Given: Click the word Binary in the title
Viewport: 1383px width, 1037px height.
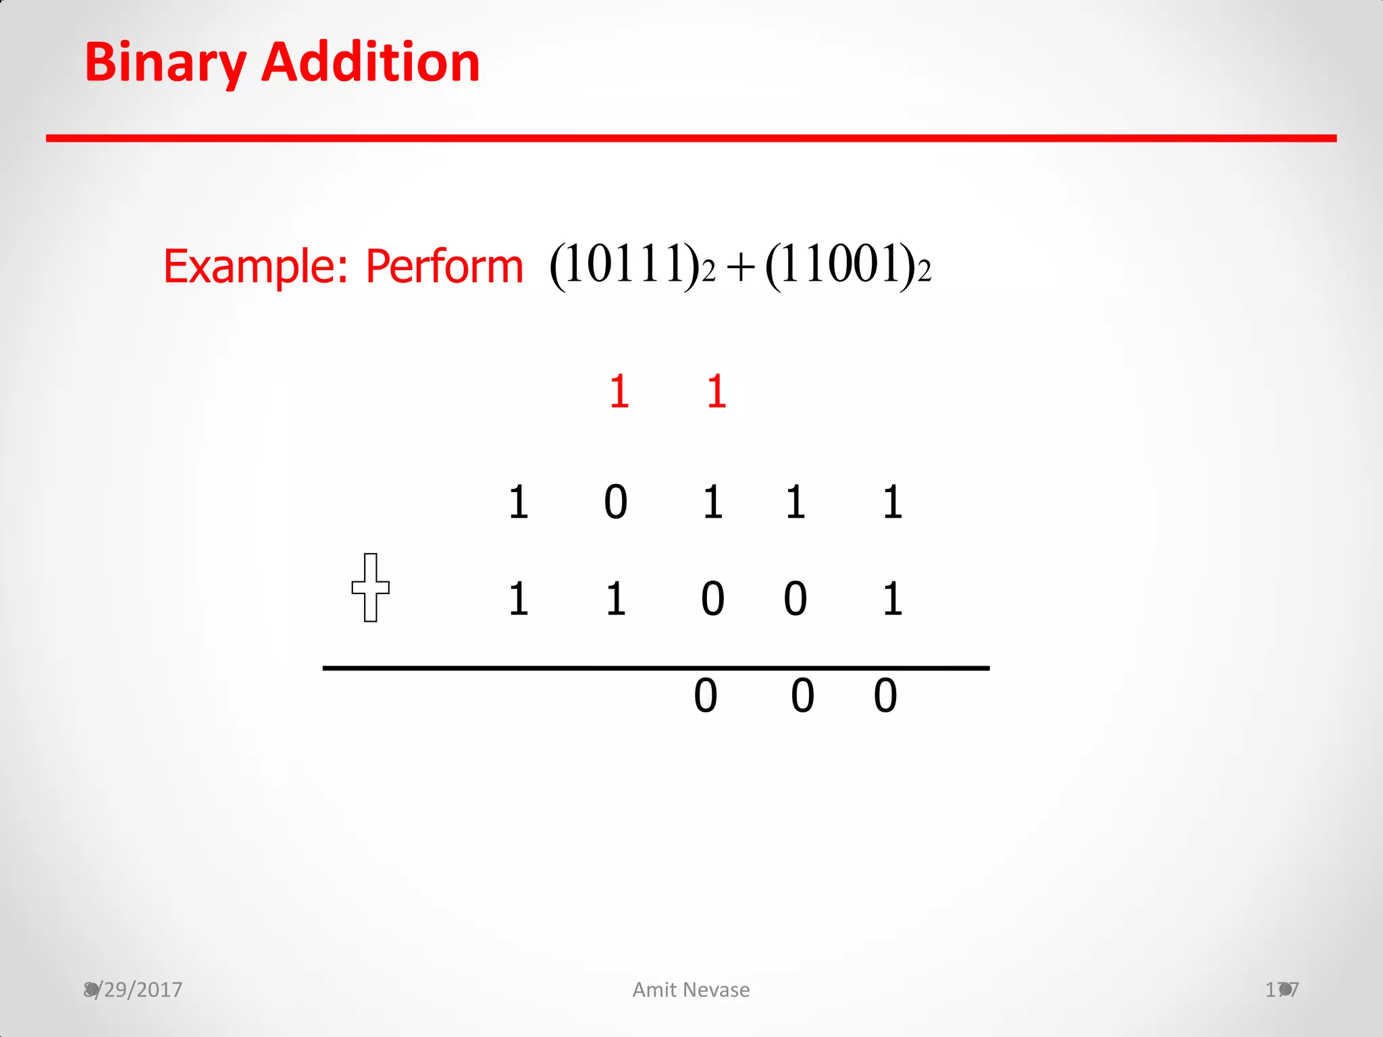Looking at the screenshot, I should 165,63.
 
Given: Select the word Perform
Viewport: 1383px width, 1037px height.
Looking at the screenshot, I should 444,266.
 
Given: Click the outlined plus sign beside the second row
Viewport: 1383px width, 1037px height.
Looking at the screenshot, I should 370,587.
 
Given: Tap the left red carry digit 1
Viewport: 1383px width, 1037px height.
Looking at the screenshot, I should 619,391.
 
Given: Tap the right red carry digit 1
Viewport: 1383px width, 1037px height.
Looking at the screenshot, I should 716,391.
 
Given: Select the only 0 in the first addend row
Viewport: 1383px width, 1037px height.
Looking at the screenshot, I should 615,502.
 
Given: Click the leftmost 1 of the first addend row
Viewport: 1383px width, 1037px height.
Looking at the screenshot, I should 518,502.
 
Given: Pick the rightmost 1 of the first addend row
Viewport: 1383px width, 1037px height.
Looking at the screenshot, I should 892,502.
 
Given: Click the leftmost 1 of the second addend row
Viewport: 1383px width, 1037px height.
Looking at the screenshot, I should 518,599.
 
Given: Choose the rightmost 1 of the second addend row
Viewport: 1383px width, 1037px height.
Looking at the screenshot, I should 892,599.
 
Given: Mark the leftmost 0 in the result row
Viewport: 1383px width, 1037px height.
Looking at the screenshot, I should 705,695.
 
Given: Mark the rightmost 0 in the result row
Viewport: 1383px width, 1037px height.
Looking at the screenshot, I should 885,695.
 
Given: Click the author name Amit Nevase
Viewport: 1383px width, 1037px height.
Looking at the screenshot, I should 691,990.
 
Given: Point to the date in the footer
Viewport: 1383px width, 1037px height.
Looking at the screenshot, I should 133,990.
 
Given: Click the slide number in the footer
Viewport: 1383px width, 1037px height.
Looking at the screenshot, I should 1282,990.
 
